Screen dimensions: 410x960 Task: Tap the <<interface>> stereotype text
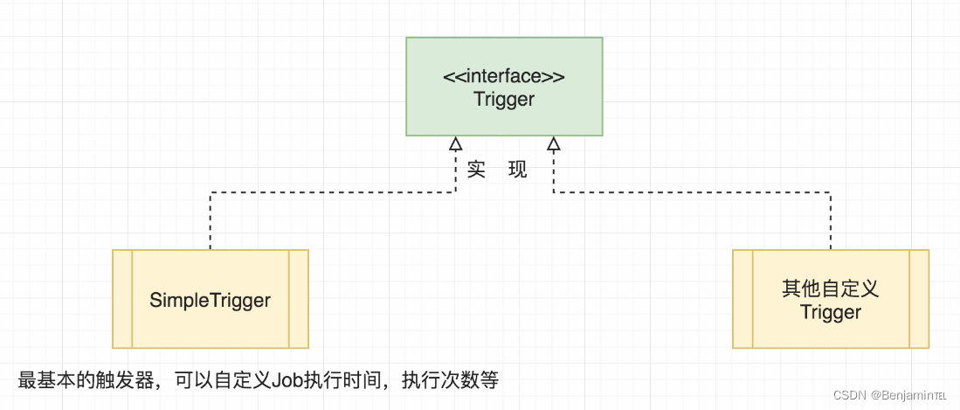504,76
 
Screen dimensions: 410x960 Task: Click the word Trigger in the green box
504,99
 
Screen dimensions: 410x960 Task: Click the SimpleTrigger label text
211,301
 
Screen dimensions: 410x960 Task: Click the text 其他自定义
831,288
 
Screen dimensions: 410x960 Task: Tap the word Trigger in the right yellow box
831,312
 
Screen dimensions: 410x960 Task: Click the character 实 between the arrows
476,170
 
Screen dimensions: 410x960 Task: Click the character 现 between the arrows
518,170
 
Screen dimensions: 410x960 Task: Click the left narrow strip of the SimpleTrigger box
122,299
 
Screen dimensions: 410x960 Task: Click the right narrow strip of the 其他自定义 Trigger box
919,299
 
